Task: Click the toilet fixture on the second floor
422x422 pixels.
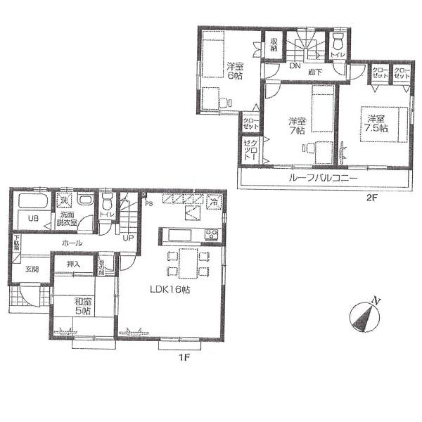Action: point(338,40)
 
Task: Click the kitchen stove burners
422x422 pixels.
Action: point(210,234)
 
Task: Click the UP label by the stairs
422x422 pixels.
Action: point(129,238)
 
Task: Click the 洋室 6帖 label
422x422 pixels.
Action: point(234,71)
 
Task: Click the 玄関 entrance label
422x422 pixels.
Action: point(32,269)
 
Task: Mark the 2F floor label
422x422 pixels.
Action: point(371,198)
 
